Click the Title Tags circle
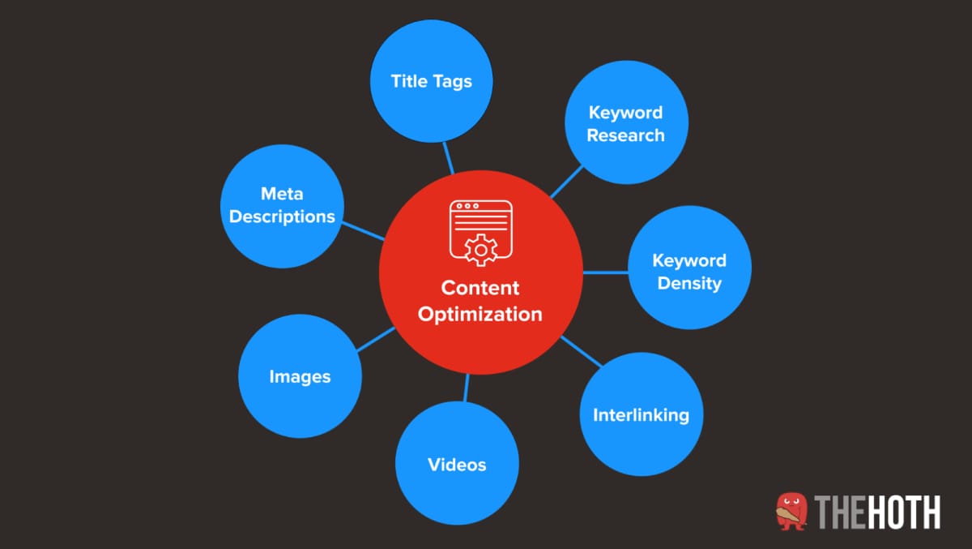point(432,81)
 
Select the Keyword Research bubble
point(625,123)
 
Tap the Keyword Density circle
point(689,272)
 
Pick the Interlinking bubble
point(641,414)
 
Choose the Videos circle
point(457,464)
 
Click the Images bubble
point(300,376)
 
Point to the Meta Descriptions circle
point(282,205)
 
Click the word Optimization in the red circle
point(480,314)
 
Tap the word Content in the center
point(480,288)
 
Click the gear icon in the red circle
point(480,249)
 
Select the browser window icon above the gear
point(480,216)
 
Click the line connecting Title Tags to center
point(448,158)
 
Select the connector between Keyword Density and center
point(605,272)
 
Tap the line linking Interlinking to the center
point(581,351)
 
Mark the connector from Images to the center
point(375,340)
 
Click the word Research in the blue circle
point(625,135)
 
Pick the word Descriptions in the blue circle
point(282,217)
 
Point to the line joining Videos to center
point(467,388)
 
